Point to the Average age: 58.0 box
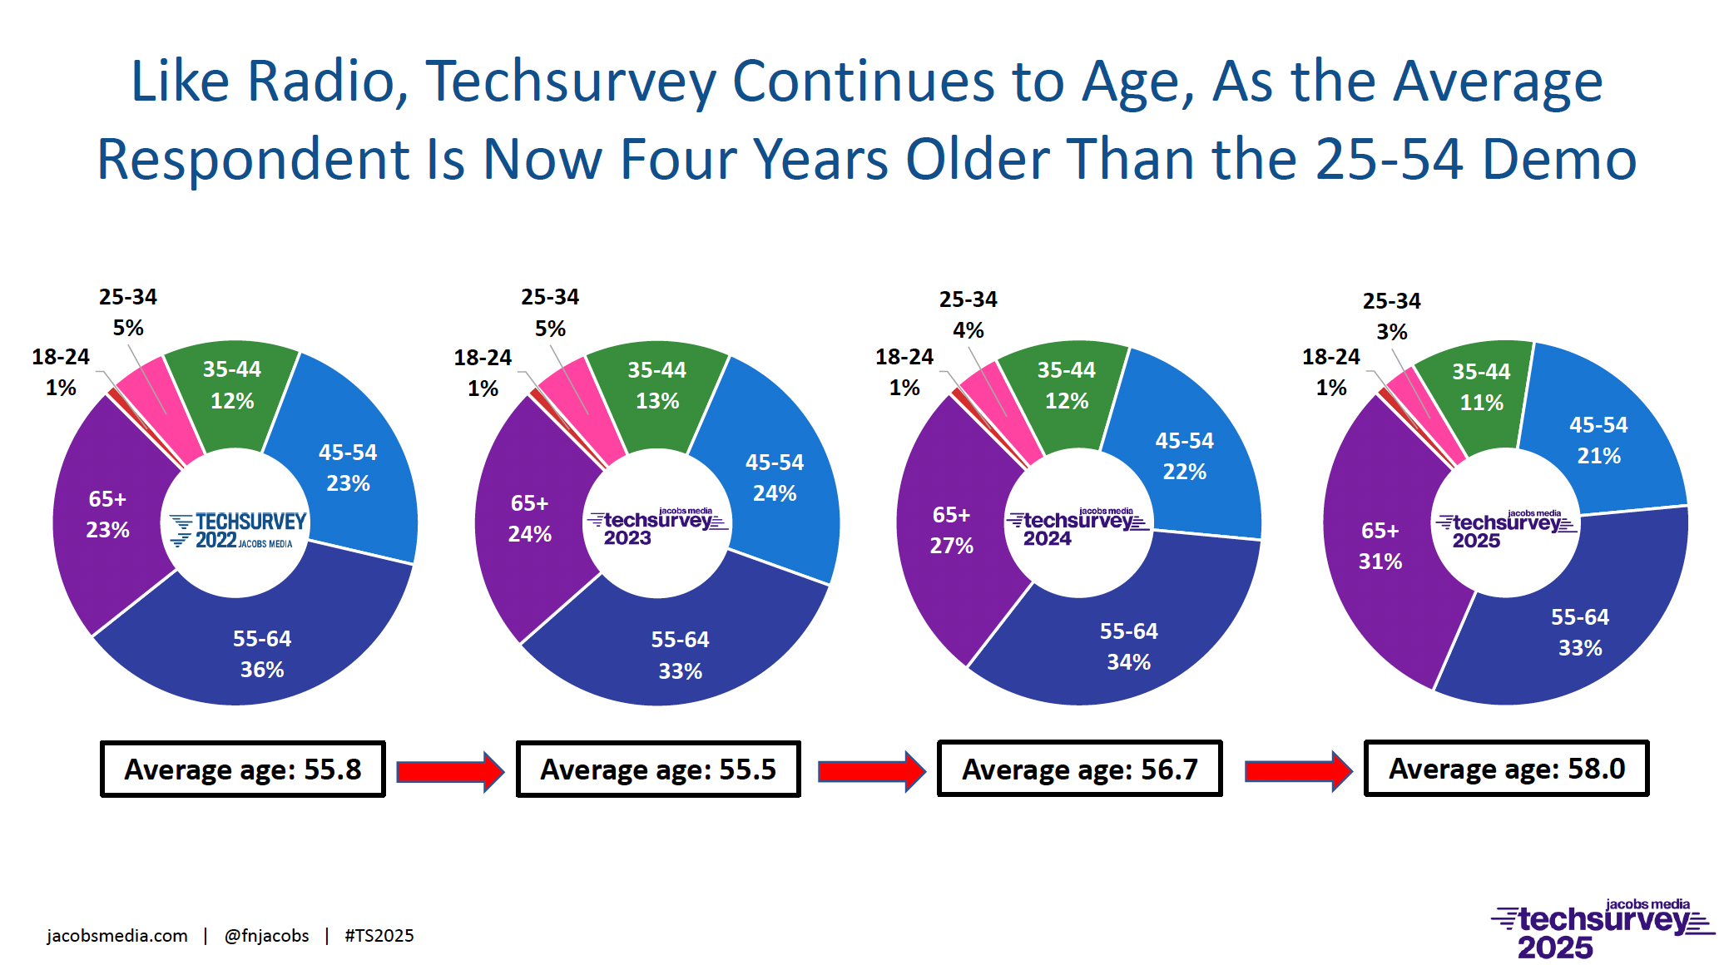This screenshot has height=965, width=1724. pos(1506,769)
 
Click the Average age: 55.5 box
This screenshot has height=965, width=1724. pos(657,770)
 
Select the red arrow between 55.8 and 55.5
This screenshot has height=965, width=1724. pos(449,771)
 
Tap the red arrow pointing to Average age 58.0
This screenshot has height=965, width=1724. pos(1296,771)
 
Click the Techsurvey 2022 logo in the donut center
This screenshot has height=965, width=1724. pos(238,530)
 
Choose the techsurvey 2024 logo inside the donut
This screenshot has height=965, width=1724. pos(1077,527)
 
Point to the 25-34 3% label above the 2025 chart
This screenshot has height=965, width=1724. pos(1391,316)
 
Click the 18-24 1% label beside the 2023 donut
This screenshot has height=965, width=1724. pos(483,373)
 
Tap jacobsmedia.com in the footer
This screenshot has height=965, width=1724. pos(117,936)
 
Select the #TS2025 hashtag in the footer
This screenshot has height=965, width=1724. pos(379,936)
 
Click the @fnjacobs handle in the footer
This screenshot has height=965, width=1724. pos(266,936)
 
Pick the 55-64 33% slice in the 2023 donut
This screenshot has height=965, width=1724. pos(680,655)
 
